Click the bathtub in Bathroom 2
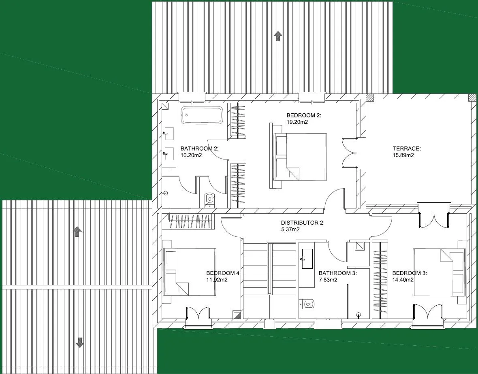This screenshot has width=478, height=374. pyautogui.click(x=202, y=115)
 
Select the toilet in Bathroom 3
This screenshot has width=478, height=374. pyautogui.click(x=307, y=303)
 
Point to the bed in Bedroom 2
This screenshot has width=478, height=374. pyautogui.click(x=300, y=157)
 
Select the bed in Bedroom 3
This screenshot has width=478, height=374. pyautogui.click(x=439, y=272)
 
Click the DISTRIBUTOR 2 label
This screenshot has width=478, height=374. pyautogui.click(x=303, y=223)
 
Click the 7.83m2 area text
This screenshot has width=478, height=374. pyautogui.click(x=328, y=280)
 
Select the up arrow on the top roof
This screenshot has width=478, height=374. pyautogui.click(x=277, y=36)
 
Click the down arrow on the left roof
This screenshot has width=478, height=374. pyautogui.click(x=80, y=342)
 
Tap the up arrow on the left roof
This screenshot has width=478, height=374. pyautogui.click(x=77, y=232)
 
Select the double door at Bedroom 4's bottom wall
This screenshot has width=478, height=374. pyautogui.click(x=198, y=315)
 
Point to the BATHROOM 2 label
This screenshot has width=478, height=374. pyautogui.click(x=199, y=149)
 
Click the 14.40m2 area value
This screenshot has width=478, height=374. pyautogui.click(x=403, y=280)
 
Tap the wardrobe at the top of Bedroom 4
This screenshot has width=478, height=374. pyautogui.click(x=190, y=221)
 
